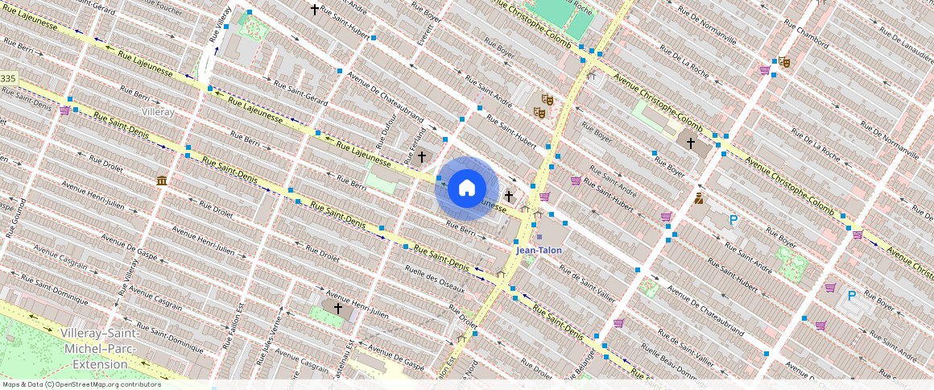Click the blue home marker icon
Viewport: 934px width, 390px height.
point(467,188)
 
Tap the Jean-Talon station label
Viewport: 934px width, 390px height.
point(538,251)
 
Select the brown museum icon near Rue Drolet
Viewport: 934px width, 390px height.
point(162,180)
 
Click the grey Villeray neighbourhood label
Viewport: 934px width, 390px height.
point(157,112)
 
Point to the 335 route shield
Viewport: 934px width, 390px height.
point(8,78)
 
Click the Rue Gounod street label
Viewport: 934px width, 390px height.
point(10,219)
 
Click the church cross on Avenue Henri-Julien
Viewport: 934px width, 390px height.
point(338,308)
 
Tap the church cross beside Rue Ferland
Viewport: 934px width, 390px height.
point(421,156)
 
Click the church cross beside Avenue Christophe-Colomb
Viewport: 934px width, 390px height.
point(690,143)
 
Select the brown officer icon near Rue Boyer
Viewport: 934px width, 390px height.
point(698,197)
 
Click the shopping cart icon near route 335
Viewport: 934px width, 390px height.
point(64,110)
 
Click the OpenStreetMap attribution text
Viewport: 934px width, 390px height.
point(81,384)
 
